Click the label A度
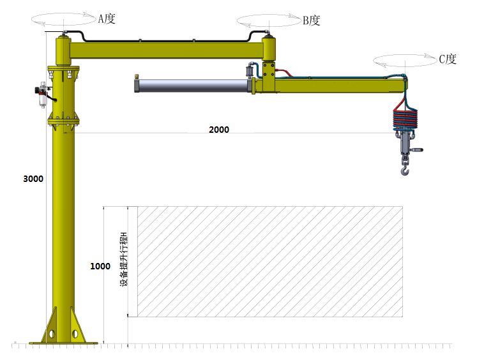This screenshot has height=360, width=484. [107, 19]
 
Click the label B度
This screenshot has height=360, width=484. [311, 20]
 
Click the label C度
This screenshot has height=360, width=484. [448, 59]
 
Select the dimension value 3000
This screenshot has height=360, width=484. [33, 179]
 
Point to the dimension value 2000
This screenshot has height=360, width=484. [219, 130]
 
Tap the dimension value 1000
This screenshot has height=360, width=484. [100, 266]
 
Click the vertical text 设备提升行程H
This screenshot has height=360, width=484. [123, 259]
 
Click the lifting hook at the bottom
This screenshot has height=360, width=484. [405, 170]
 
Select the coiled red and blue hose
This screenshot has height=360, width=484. [405, 117]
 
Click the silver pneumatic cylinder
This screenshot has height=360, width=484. [192, 86]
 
